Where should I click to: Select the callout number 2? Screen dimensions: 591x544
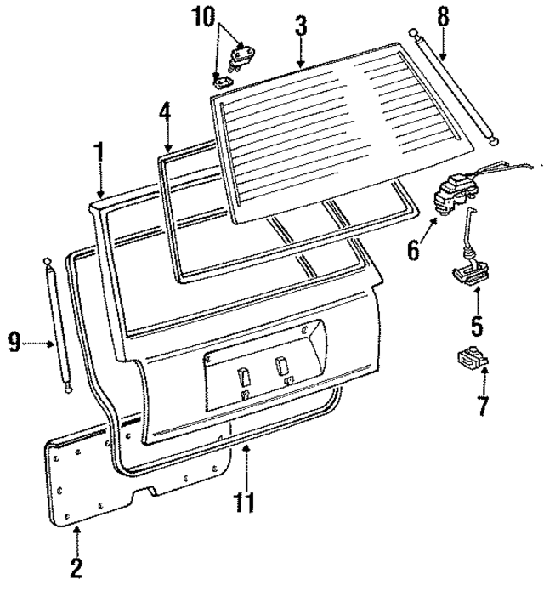pos(76,568)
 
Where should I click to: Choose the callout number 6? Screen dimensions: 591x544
pos(414,249)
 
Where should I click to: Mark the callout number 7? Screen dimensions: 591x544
pos(483,406)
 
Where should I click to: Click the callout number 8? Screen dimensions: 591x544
pos(441,15)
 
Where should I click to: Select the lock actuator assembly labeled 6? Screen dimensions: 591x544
pos(456,202)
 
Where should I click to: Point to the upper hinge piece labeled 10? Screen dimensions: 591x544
pos(244,56)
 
